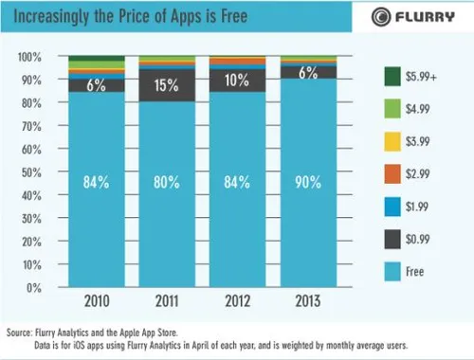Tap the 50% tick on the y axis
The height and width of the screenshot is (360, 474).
click(x=33, y=171)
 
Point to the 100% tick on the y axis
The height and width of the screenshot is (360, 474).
click(x=30, y=58)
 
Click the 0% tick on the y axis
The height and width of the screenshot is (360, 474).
click(x=36, y=287)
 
